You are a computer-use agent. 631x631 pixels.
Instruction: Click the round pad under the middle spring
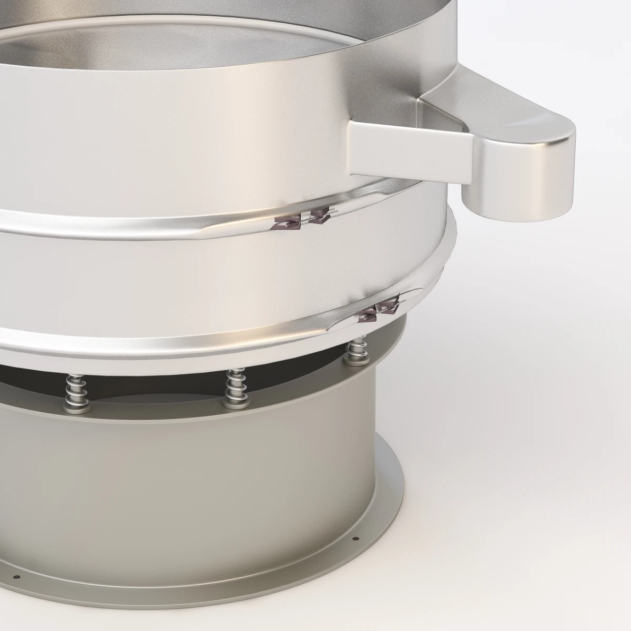(232, 404)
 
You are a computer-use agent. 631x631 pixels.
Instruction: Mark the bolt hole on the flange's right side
(357, 553)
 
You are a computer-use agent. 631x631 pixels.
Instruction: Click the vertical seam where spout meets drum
(351, 147)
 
